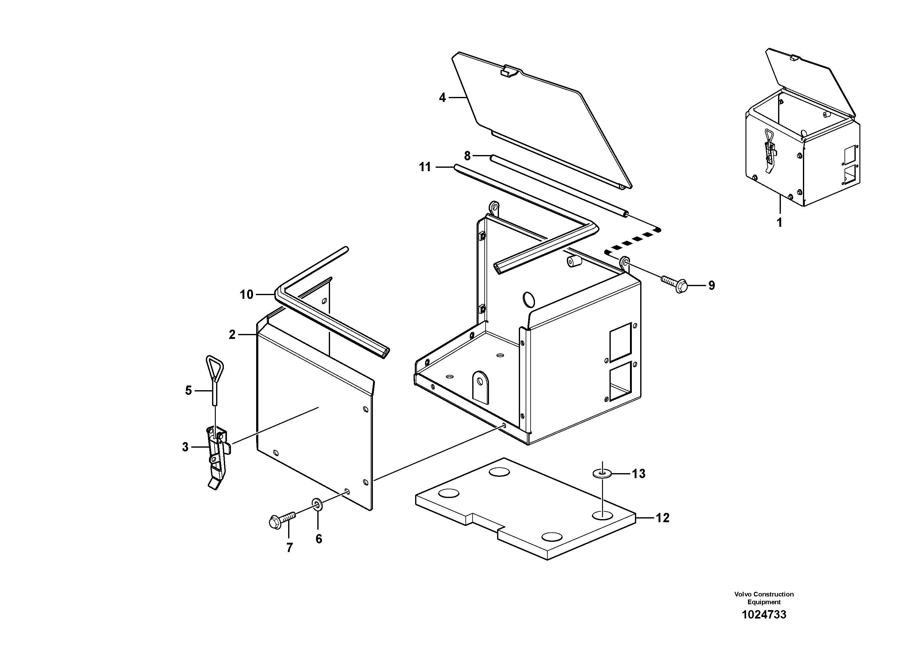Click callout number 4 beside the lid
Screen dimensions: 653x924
[442, 98]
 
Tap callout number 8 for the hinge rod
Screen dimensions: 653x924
[467, 156]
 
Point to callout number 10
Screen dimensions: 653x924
[246, 295]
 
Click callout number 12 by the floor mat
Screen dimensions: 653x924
[662, 518]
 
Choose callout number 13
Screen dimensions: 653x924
[638, 474]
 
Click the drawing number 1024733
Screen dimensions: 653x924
[763, 615]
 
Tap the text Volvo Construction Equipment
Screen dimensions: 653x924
[763, 598]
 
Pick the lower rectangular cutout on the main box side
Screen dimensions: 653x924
[620, 381]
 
